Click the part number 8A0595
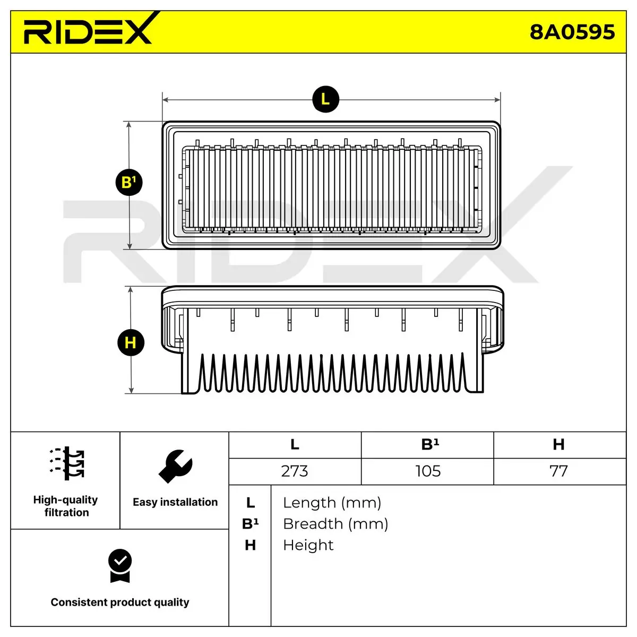pos(572,32)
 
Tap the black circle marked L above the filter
pos(325,99)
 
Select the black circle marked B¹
pos(129,182)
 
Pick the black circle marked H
pos(131,342)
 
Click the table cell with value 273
pos(295,471)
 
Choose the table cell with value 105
pos(428,471)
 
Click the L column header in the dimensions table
pos(295,444)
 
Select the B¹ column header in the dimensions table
pos(430,444)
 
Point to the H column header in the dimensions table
pos(558,444)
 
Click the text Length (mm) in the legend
pos(332,503)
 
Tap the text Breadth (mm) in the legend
pos(335,524)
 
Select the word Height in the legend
pos(308,545)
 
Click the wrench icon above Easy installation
pos(175,466)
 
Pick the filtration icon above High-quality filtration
pos(67,463)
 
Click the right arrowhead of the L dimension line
pos(497,99)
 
